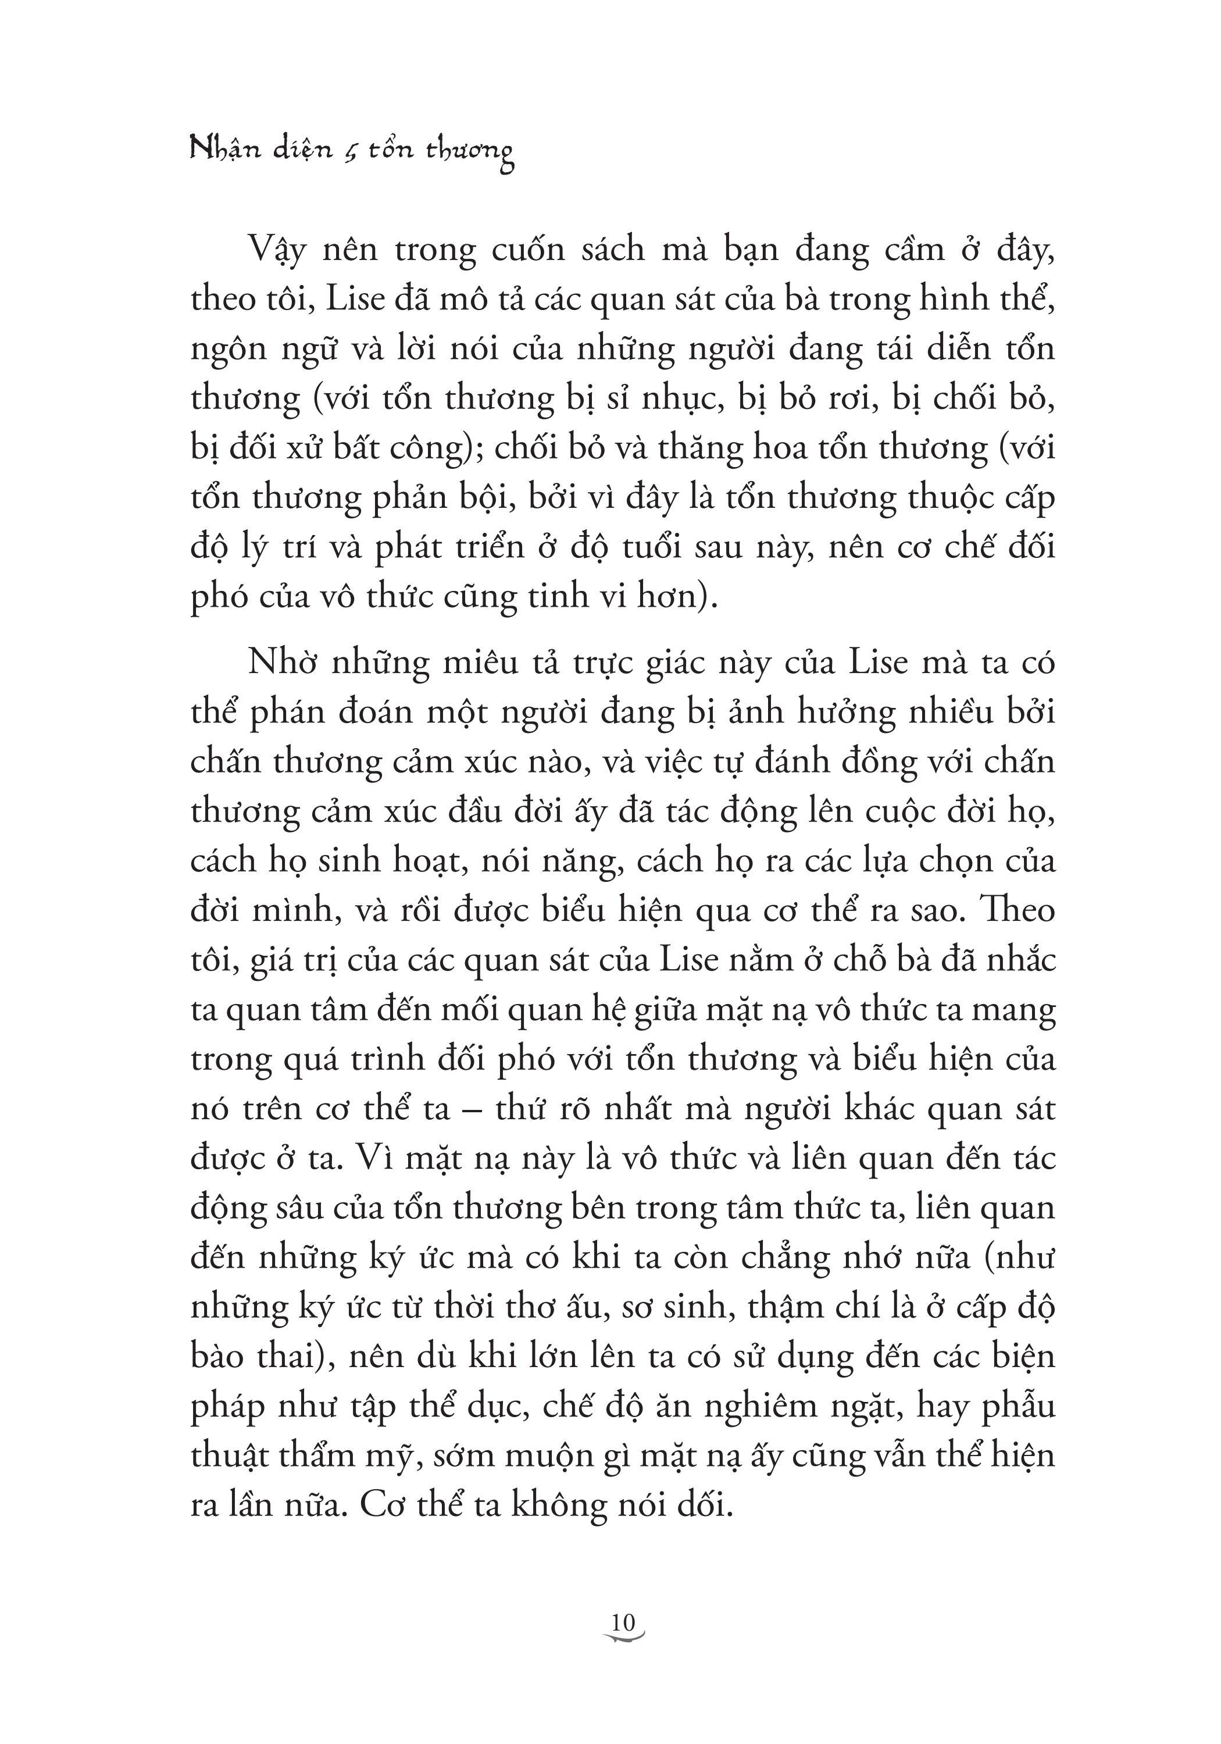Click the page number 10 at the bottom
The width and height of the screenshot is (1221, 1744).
(622, 1623)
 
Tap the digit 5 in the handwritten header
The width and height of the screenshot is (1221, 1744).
(350, 151)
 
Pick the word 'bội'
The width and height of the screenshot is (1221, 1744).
(480, 497)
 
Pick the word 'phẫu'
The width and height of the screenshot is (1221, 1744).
(1018, 1406)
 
